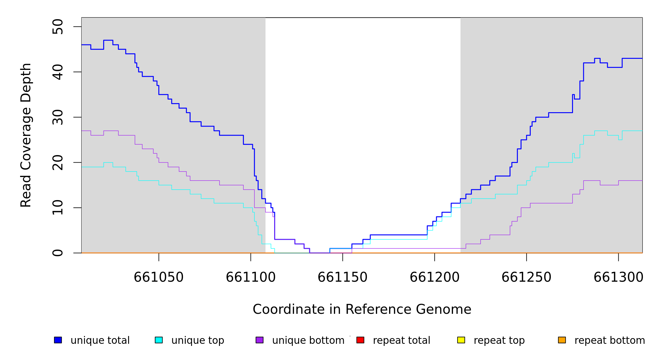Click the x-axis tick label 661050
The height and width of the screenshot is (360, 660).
pos(158,277)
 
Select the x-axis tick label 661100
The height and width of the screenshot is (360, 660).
pos(250,277)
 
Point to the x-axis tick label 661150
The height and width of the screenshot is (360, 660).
pos(342,277)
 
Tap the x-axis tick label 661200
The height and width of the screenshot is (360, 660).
pos(434,277)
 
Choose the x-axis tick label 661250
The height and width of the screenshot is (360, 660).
pos(526,277)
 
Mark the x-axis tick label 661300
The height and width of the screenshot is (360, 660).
pos(618,277)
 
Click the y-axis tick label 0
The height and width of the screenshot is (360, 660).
pos(58,253)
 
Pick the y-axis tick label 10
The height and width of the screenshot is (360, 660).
pos(58,208)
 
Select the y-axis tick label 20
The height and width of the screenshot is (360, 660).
pos(58,162)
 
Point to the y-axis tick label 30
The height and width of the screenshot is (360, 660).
pos(58,117)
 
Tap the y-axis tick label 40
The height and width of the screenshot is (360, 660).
pos(58,72)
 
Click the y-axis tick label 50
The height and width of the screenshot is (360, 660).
pos(58,27)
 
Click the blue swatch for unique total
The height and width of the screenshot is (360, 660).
pos(58,340)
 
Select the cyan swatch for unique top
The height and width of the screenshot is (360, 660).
pos(159,340)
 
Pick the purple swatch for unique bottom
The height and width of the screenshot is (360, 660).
pos(259,340)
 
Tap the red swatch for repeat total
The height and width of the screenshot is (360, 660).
pos(360,340)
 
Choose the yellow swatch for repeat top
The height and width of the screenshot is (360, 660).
pos(461,340)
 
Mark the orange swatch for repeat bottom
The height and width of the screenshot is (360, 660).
pos(562,340)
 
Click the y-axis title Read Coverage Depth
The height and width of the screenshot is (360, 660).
pos(26,135)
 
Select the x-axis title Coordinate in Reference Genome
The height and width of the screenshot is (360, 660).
pos(362,310)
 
